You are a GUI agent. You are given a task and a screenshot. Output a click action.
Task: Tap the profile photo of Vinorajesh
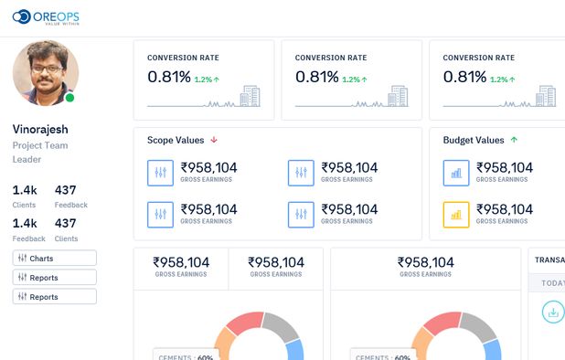click(46, 72)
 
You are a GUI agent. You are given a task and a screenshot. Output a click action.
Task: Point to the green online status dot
click(70, 98)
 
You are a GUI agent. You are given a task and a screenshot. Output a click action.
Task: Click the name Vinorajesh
click(40, 129)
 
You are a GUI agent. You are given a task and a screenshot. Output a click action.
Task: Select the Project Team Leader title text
click(40, 152)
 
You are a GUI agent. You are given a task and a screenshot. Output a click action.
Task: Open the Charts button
click(54, 258)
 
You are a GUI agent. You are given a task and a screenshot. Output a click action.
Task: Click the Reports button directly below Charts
click(54, 277)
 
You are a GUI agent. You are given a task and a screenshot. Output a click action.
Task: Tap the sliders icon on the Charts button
click(22, 258)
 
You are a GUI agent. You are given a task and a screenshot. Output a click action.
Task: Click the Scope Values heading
click(175, 140)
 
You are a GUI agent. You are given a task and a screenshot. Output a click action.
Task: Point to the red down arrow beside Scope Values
click(214, 140)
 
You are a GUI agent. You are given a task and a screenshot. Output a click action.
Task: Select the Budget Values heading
click(473, 140)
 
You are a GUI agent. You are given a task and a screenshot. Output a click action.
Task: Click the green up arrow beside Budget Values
click(514, 140)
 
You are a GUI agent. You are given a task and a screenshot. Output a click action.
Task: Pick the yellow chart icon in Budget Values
click(455, 215)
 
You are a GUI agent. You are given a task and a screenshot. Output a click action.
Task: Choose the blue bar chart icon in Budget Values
click(455, 172)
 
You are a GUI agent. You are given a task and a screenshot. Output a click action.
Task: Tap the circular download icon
click(552, 312)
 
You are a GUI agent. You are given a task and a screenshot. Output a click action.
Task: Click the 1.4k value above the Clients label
click(25, 190)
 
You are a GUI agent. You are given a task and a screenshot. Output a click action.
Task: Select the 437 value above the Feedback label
click(66, 190)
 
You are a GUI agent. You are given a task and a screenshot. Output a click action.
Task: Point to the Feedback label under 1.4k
click(28, 238)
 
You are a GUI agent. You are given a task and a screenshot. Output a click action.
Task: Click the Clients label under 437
click(66, 238)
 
